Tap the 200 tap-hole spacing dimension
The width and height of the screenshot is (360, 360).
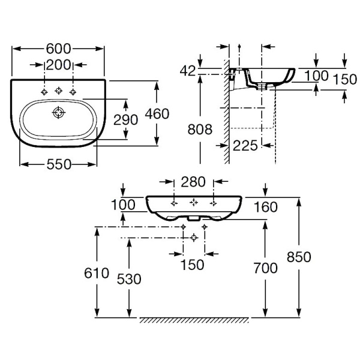59,64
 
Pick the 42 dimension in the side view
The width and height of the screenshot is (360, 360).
187,71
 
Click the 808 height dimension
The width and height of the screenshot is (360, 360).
199,129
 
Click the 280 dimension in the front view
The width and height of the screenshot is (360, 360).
193,182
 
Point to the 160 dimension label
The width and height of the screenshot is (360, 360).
265,207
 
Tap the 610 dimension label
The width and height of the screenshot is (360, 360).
96,274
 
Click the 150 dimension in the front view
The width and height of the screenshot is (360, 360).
193,265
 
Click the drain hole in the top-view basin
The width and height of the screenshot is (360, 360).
59,112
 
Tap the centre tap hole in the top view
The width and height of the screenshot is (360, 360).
59,91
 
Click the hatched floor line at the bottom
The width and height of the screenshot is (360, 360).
193,320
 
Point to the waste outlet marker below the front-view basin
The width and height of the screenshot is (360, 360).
193,238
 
